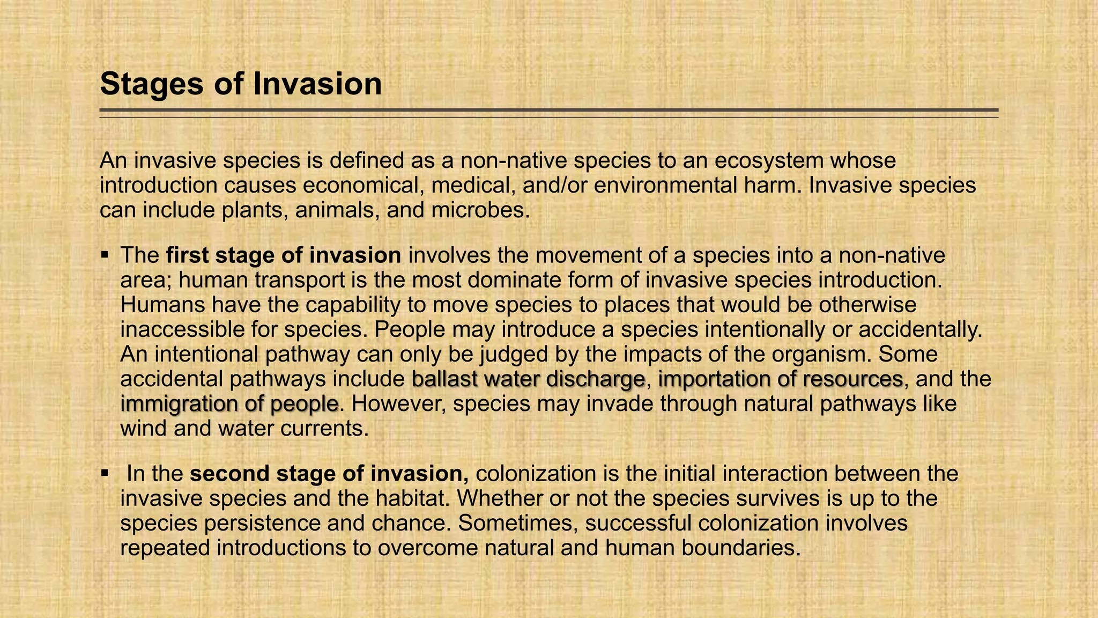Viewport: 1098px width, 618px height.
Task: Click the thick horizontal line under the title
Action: coord(548,110)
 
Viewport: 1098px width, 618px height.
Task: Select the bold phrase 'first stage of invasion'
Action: coord(284,255)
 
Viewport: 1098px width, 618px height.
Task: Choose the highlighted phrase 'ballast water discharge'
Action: coord(528,379)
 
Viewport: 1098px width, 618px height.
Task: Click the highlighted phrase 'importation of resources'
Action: coord(780,379)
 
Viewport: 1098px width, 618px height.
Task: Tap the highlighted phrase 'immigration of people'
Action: coord(229,403)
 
